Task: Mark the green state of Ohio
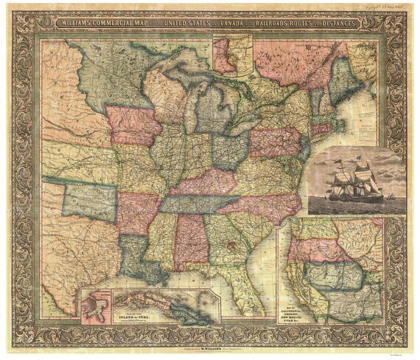[x=230, y=150]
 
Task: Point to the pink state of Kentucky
[x=206, y=181]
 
